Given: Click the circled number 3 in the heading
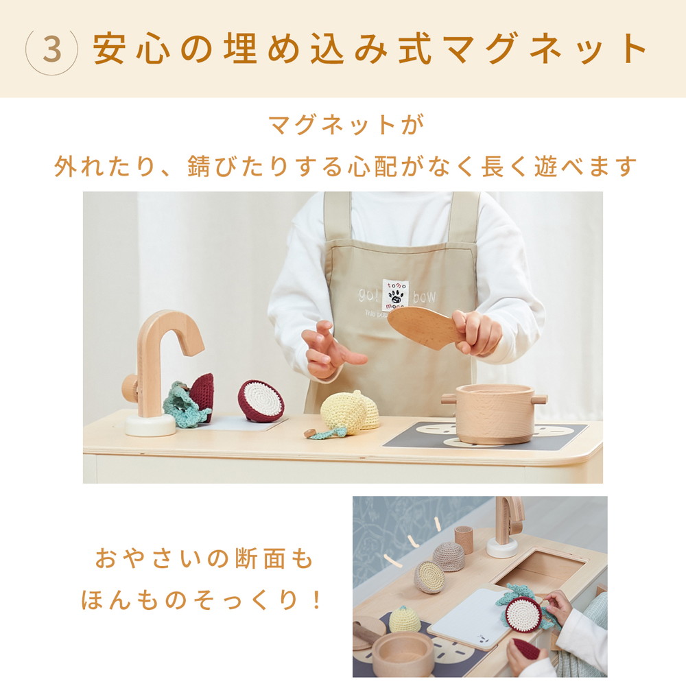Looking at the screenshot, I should coord(51,49).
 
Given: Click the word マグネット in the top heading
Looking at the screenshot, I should coord(546,49).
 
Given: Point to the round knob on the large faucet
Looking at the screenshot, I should coord(130,388).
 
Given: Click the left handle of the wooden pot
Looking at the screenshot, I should coord(449,398).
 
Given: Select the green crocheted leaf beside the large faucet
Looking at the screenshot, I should coord(184,408).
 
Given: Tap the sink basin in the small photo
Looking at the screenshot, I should coord(549,569).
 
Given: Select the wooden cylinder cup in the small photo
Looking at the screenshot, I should coord(464,539).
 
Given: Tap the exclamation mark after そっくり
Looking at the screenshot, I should coord(316,600).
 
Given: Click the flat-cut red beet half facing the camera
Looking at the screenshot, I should coord(261,401).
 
